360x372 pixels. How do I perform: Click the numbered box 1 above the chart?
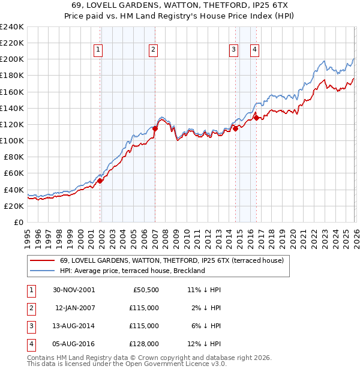(98, 50)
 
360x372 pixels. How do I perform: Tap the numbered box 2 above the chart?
(154, 50)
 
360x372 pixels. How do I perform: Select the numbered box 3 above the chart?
(233, 50)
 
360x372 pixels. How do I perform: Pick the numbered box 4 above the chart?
(254, 50)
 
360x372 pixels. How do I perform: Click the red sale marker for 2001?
(100, 181)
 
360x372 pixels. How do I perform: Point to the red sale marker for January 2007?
(155, 128)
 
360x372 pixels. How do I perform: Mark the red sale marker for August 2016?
(256, 118)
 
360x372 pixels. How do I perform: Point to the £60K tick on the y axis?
(14, 173)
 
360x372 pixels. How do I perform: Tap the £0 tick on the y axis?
(19, 222)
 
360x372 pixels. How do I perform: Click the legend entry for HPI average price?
(133, 271)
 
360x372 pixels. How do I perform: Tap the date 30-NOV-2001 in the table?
(74, 290)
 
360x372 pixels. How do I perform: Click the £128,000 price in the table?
(144, 344)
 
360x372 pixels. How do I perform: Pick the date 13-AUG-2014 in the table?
(74, 326)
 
